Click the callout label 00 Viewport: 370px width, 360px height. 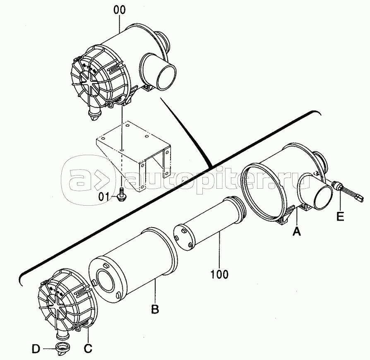120,10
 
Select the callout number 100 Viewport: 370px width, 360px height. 219,274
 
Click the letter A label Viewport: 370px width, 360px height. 297,231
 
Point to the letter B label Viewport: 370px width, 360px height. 155,309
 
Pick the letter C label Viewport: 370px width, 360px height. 88,348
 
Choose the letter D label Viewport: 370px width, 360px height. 36,349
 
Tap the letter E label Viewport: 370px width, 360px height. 340,216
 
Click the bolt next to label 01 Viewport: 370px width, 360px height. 122,194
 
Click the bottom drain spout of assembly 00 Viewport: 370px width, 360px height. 94,113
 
